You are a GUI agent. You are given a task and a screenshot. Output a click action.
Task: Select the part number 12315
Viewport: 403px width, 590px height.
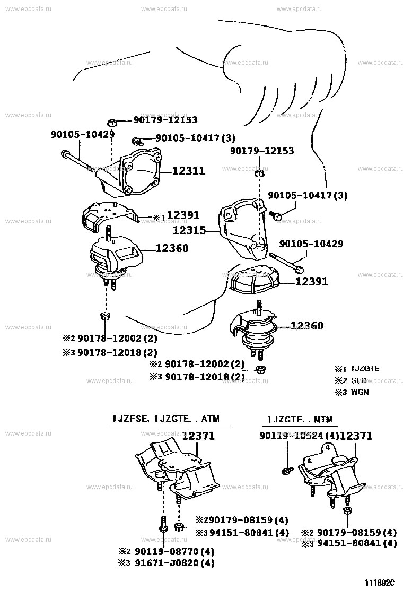click(189, 231)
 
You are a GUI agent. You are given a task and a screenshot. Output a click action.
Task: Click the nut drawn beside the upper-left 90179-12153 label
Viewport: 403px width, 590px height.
click(112, 122)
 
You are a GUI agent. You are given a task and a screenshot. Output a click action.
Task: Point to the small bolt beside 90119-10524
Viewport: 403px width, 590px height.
click(286, 471)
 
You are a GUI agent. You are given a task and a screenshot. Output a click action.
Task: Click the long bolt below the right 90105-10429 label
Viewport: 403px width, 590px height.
click(286, 262)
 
